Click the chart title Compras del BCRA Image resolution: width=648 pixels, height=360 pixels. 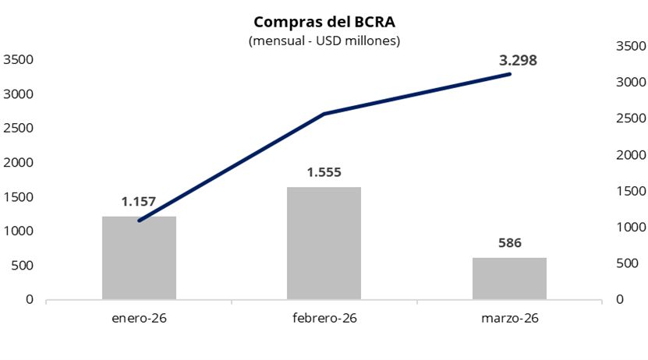(x=324, y=22)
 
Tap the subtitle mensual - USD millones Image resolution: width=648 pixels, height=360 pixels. (x=324, y=41)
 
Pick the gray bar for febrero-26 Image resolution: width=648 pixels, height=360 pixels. (x=324, y=243)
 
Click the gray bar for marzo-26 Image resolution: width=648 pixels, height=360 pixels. (x=509, y=278)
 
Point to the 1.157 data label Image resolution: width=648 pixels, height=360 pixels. (x=139, y=202)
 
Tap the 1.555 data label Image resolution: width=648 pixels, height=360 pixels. (x=324, y=172)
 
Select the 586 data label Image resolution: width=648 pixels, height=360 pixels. (x=509, y=242)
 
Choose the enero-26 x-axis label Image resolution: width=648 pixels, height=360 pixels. (x=139, y=318)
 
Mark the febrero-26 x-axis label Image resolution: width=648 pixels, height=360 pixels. (x=324, y=318)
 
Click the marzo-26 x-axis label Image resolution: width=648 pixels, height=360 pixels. (x=510, y=318)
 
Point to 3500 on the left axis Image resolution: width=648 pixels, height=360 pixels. (x=18, y=60)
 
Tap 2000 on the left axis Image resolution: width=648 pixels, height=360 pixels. (x=18, y=163)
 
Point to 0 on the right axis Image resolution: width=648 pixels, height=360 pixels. (x=620, y=300)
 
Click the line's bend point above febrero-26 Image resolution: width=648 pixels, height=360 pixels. (x=324, y=114)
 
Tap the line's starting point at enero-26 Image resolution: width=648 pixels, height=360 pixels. (x=139, y=221)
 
